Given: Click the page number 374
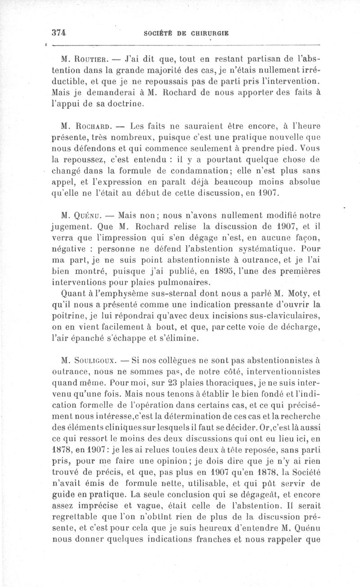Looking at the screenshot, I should click(59, 32).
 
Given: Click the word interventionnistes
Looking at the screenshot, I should click(278, 372).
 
